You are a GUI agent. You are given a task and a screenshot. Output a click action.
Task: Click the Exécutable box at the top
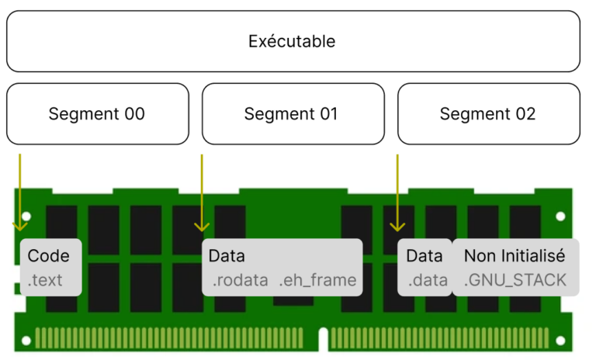pos(293,41)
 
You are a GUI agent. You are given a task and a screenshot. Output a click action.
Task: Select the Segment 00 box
pos(97,114)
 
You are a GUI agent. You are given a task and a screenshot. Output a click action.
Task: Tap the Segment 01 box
pos(293,114)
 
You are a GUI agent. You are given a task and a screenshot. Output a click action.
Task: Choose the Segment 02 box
pos(488,114)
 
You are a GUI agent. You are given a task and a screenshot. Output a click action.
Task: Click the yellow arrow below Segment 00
pos(20,194)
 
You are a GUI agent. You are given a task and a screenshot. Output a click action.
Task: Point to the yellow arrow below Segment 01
pos(202,194)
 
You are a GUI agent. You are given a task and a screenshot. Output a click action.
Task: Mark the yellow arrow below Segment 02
pos(397,194)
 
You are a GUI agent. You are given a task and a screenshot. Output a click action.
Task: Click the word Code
pos(48,256)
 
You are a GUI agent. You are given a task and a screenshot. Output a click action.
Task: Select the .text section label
pos(44,280)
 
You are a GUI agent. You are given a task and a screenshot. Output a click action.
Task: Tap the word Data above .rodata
pos(227,256)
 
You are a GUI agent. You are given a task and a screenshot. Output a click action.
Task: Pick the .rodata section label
pos(240,280)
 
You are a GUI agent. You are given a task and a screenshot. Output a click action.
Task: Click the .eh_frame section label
pos(317,280)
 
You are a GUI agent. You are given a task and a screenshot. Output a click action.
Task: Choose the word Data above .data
pos(424,256)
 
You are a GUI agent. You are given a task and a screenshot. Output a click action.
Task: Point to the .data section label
pos(428,280)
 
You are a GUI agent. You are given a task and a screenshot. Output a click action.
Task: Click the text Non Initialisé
pos(514,256)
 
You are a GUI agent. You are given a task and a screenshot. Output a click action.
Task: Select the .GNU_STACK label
pos(515,280)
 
